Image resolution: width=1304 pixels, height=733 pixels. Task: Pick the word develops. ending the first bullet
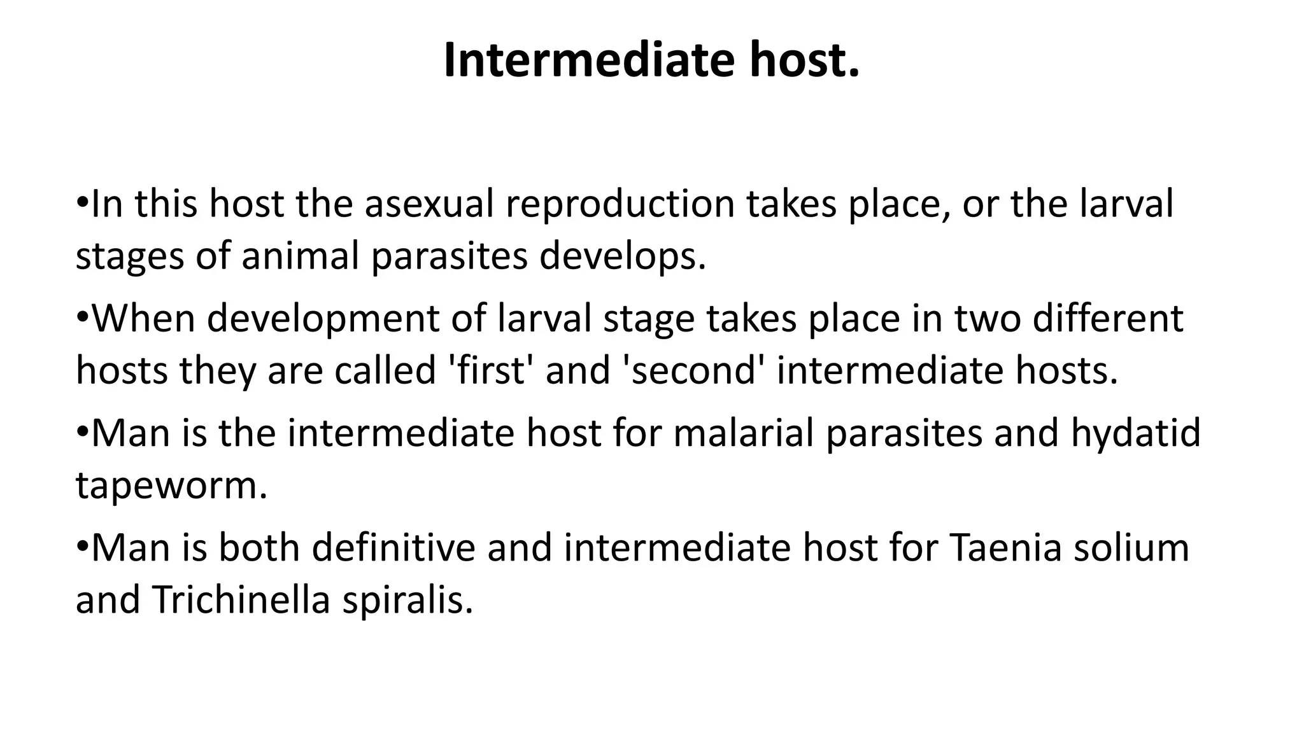(x=623, y=257)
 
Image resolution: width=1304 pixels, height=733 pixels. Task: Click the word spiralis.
(x=408, y=599)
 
